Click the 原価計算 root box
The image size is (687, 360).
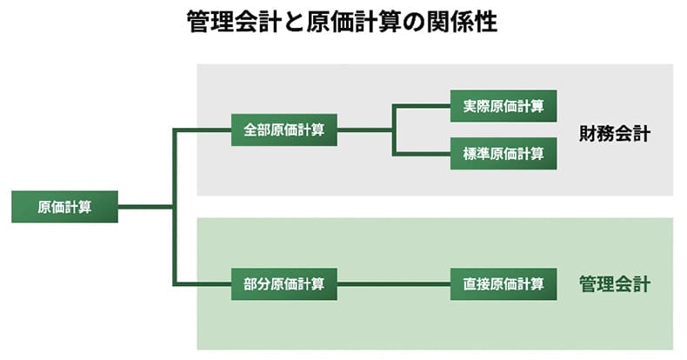[64, 207]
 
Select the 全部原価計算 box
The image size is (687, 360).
[284, 130]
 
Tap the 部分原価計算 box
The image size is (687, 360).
[284, 283]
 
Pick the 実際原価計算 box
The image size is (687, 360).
[504, 106]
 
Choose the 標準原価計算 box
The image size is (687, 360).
[504, 154]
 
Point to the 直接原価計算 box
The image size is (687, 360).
[504, 283]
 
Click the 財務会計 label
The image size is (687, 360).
[615, 135]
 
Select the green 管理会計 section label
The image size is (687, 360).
[615, 284]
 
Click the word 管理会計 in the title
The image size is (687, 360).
[229, 22]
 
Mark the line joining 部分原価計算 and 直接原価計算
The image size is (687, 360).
[393, 283]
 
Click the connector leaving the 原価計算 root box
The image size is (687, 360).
[145, 207]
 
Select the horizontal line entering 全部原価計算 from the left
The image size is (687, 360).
[203, 130]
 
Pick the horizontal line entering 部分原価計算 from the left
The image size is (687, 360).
[203, 283]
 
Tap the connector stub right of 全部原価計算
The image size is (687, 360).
[364, 130]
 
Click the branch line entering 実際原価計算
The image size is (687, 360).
[423, 106]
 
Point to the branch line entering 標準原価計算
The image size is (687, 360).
[423, 154]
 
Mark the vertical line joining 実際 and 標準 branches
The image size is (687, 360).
[394, 130]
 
